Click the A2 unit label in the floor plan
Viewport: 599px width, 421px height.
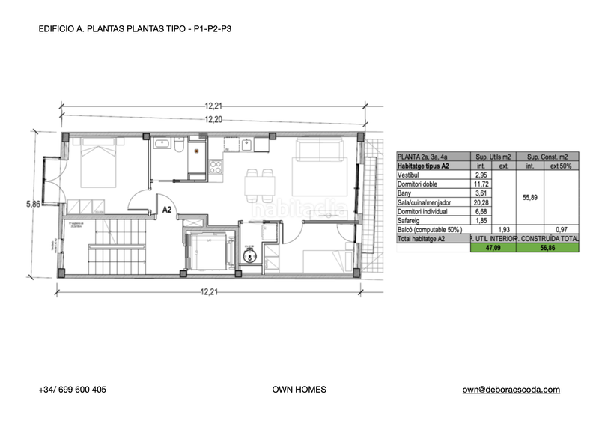[x=168, y=210]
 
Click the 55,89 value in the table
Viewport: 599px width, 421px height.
[x=529, y=198]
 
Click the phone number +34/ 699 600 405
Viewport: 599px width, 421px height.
[x=72, y=390]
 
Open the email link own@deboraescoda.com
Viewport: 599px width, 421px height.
[x=511, y=390]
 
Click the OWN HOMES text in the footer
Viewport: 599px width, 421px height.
[x=299, y=390]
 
